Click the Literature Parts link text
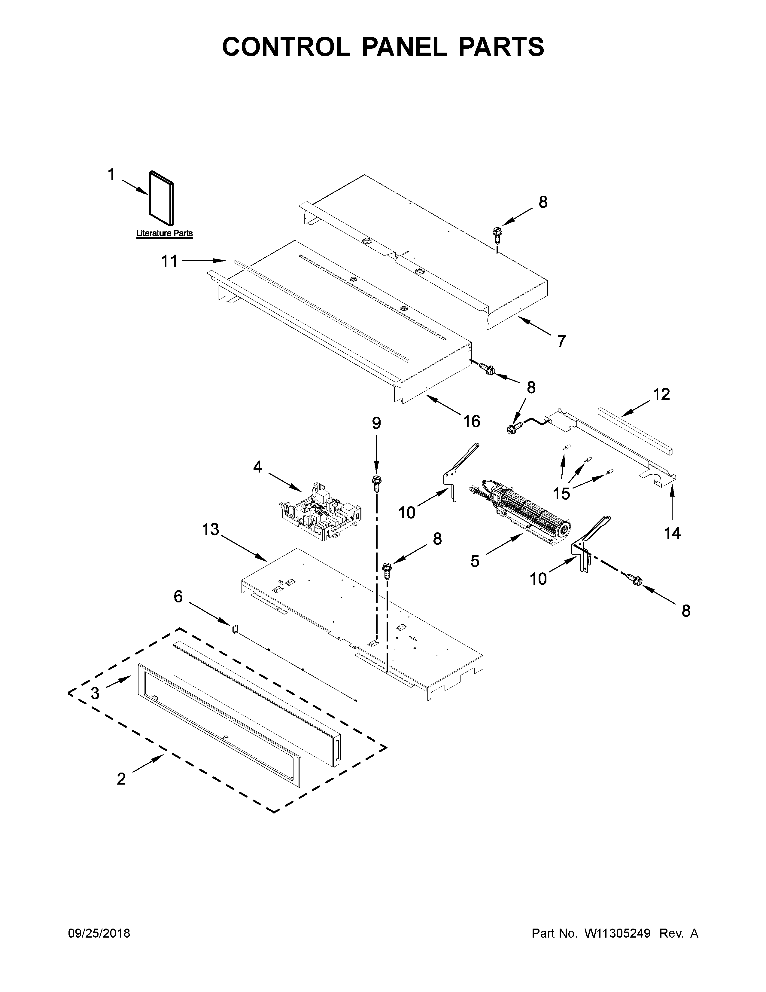coord(164,234)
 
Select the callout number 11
coord(169,261)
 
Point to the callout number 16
coord(472,421)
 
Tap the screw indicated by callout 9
coord(376,482)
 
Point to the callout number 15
coord(561,493)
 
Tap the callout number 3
coord(95,693)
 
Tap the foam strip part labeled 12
coord(635,430)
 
